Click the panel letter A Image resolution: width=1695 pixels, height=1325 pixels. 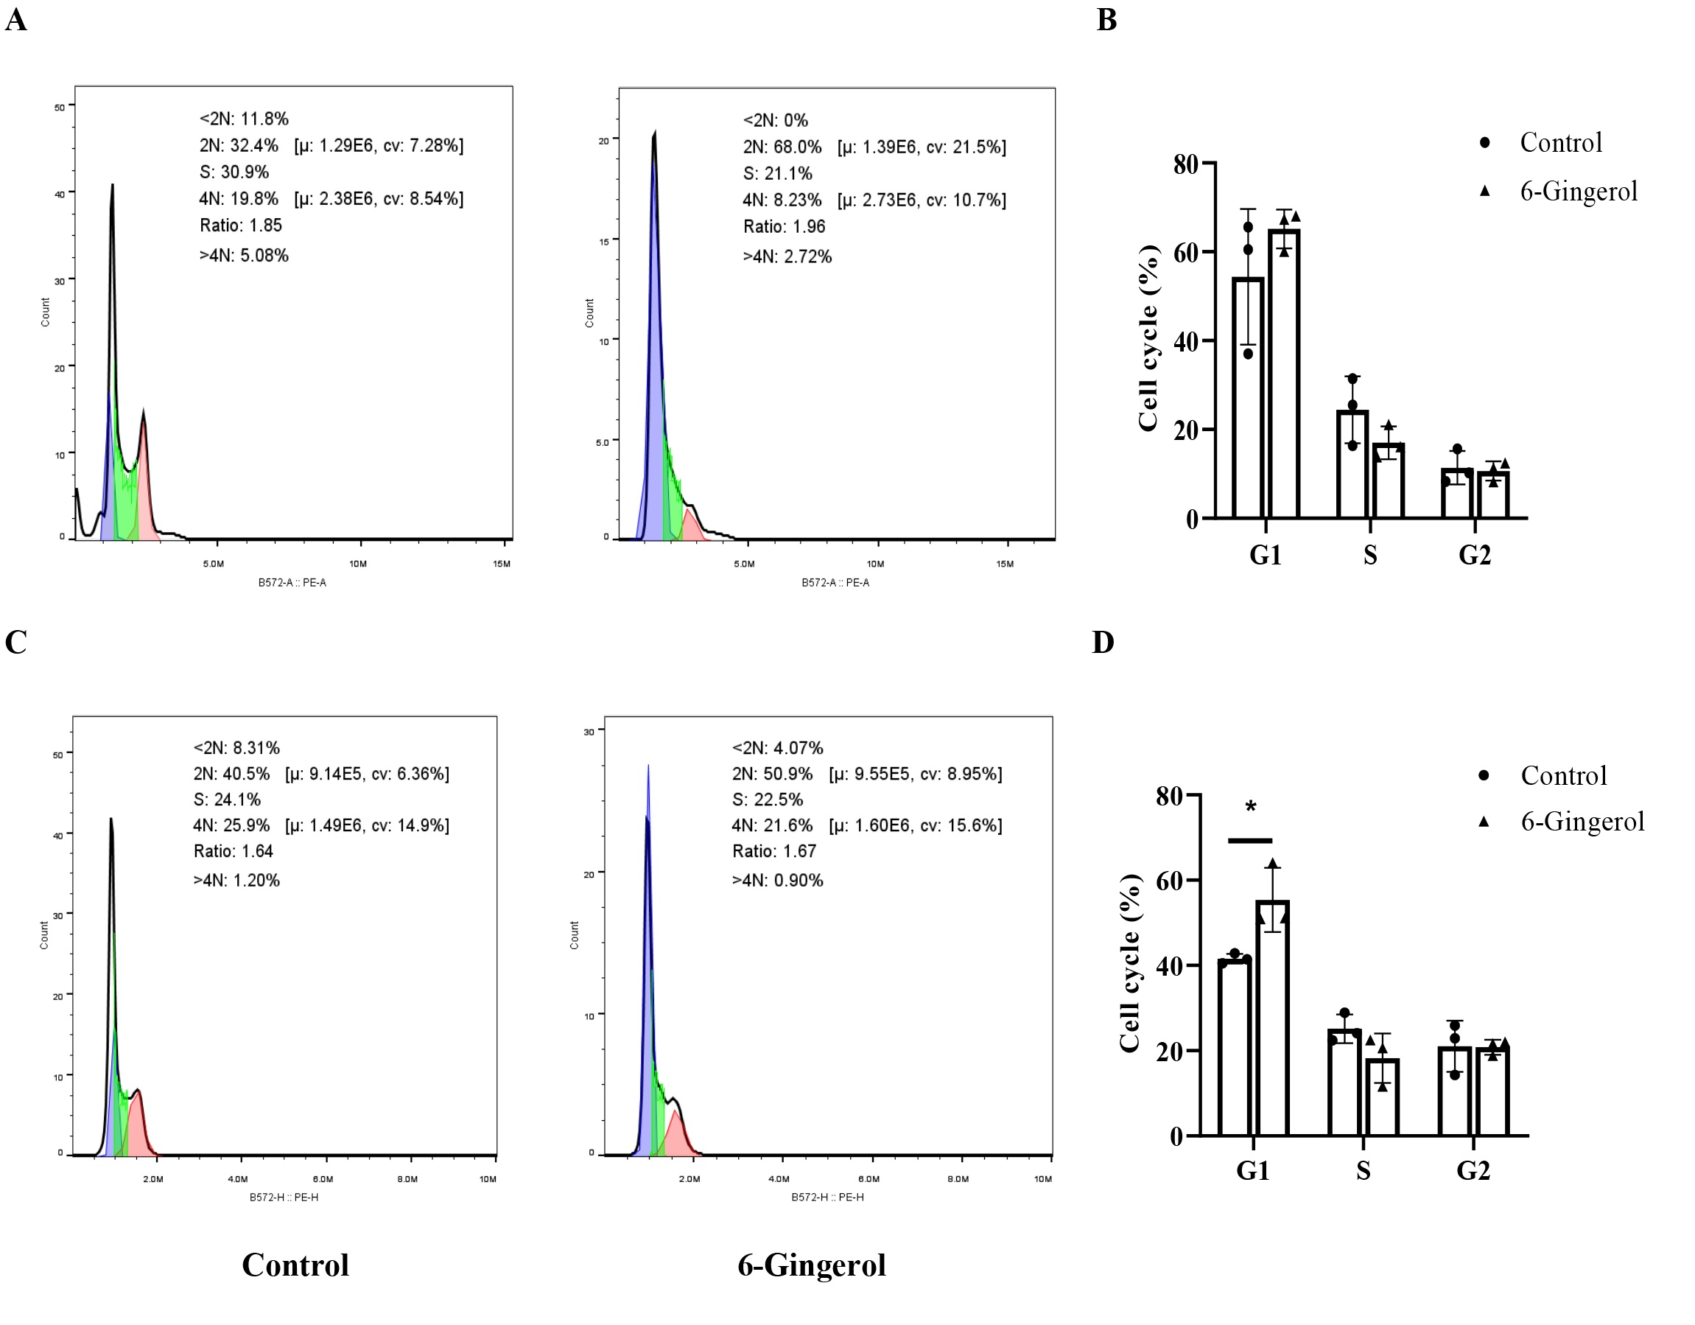[x=16, y=19]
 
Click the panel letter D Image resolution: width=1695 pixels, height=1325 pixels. [x=1103, y=643]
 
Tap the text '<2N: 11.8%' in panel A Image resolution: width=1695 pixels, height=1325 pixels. [x=244, y=119]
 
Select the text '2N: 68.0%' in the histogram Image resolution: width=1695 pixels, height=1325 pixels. [x=782, y=147]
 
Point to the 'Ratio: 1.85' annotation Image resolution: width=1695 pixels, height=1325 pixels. [x=241, y=225]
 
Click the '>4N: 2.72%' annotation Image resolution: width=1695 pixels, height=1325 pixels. [x=787, y=256]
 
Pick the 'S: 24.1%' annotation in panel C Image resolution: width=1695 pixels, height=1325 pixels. [x=227, y=800]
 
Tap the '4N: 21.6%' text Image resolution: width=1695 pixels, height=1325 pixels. [x=771, y=825]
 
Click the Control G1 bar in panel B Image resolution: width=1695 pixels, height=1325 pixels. [x=1248, y=396]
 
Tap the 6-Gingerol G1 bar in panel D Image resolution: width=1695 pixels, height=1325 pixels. [x=1273, y=1017]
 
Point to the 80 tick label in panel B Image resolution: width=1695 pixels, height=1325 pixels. [x=1186, y=164]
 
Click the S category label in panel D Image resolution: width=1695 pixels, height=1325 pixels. [x=1363, y=1170]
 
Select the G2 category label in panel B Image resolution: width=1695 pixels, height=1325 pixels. [x=1475, y=555]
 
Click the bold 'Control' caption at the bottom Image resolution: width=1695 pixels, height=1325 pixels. [x=295, y=1265]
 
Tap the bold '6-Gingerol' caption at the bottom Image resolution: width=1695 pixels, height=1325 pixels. [x=811, y=1265]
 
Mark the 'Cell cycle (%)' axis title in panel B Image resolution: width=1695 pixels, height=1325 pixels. [x=1148, y=338]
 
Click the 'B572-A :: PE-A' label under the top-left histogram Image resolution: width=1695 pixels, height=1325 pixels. [x=292, y=583]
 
